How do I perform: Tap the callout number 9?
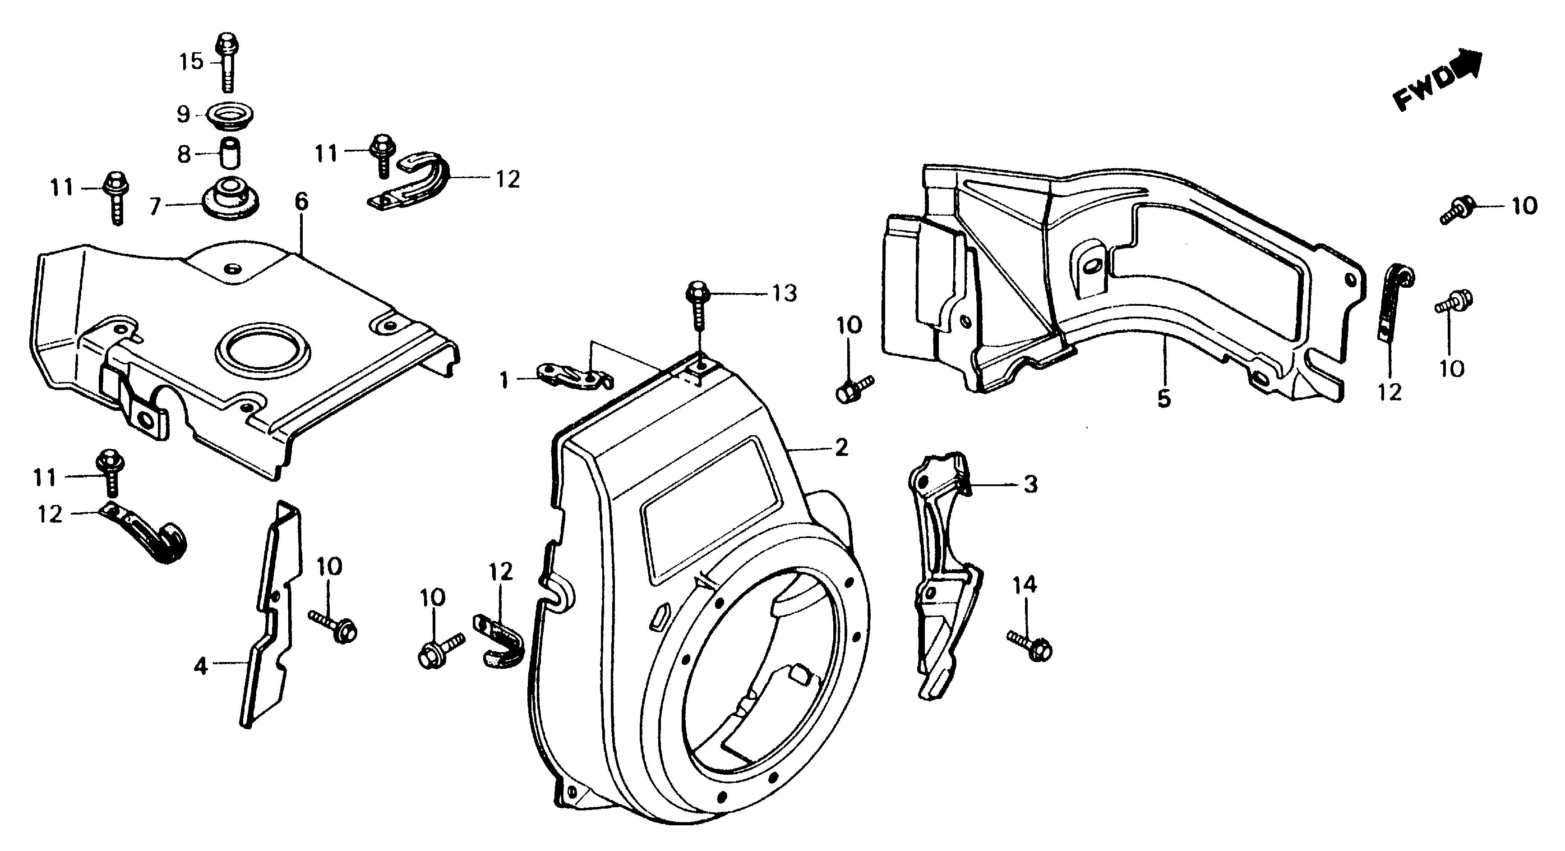(184, 114)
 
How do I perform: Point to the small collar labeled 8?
(229, 154)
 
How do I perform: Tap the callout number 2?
(841, 448)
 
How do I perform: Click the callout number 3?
(1030, 485)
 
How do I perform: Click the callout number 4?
(200, 667)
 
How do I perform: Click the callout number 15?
(191, 62)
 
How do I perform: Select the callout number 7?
(156, 207)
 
